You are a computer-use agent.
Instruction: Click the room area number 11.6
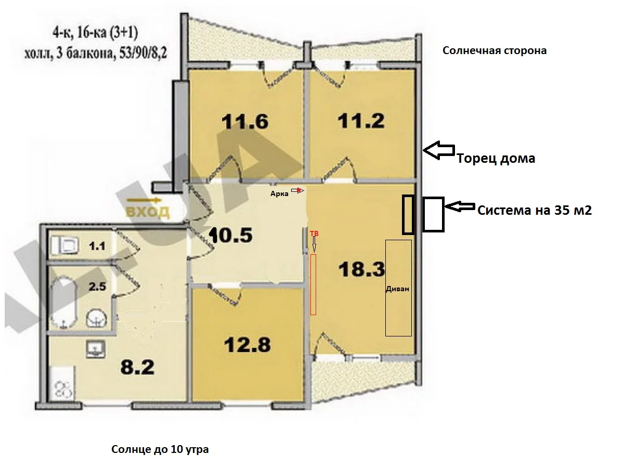pos(244,122)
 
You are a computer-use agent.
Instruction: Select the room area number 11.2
pos(361,121)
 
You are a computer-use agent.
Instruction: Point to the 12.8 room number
pos(247,345)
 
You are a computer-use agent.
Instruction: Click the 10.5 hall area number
pos(230,235)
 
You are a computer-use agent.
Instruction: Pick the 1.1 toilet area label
pos(97,246)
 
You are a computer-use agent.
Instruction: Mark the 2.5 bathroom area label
pos(97,287)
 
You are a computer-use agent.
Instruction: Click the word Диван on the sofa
pos(397,289)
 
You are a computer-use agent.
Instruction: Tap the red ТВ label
pos(314,233)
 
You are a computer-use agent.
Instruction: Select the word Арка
pos(279,194)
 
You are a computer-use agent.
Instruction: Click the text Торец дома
pos(496,158)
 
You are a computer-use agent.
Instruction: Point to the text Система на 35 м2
pos(535,210)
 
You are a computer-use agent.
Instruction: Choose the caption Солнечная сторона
pos(495,50)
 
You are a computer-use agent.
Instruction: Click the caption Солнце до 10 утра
pos(160,449)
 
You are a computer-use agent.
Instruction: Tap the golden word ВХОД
pos(148,212)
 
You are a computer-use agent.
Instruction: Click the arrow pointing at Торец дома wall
pos(439,150)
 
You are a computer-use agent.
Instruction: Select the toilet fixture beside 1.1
pos(64,245)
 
